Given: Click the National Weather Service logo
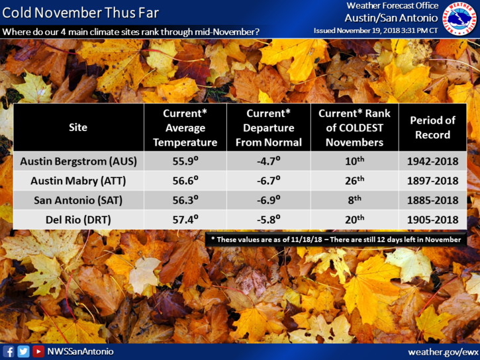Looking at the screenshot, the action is point(459,19).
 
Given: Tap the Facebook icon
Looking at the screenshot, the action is point(9,351).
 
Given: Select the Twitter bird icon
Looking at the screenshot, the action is point(24,351).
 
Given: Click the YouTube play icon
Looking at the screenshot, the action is point(38,351).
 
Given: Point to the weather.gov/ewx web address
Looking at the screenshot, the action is point(443,352).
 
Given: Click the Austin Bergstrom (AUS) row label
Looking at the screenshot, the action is point(78,161).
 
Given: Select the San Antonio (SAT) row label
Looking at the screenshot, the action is point(78,200).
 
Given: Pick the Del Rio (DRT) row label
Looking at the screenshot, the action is point(78,220).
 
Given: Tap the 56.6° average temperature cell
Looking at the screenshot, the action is point(185,180).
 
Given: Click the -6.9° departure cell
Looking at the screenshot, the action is point(269,199).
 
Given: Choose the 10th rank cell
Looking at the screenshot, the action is point(354,161).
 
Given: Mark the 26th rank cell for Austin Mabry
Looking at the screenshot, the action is point(354,180).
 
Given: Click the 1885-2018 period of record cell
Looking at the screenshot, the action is point(432,200).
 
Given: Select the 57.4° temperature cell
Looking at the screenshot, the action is point(185,219).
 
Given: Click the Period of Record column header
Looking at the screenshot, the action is point(432,128).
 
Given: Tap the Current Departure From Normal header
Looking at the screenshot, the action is point(269,128).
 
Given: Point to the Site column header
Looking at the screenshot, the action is point(78,127).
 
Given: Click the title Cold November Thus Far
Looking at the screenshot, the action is point(81,13).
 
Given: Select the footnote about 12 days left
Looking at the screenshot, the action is point(336,240).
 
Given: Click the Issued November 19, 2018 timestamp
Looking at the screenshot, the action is point(375,30).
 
